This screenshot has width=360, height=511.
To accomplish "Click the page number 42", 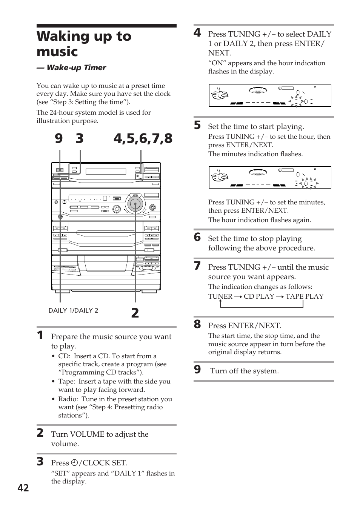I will [x=23, y=488].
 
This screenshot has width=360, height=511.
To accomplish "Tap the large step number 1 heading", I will [x=40, y=335].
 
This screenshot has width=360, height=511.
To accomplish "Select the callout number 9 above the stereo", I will [x=58, y=139].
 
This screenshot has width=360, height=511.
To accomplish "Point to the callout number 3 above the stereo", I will [x=79, y=139].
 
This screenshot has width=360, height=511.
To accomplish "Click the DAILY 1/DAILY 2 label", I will [x=73, y=310].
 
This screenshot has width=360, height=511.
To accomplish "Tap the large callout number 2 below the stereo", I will [x=135, y=313].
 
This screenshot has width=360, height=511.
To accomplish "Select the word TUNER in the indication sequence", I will [x=220, y=296].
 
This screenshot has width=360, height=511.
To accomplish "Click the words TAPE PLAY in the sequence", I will [x=304, y=296].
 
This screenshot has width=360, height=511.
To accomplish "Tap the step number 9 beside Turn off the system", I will [x=197, y=370].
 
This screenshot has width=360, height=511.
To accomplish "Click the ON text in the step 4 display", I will [x=301, y=93].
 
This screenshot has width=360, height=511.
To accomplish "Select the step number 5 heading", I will [x=197, y=126].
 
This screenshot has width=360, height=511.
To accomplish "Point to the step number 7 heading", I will [x=197, y=266].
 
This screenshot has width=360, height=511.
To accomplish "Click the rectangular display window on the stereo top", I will [x=106, y=172].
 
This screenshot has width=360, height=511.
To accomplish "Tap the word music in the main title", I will [x=57, y=52].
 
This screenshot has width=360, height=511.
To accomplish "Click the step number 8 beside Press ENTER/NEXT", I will [x=197, y=324].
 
